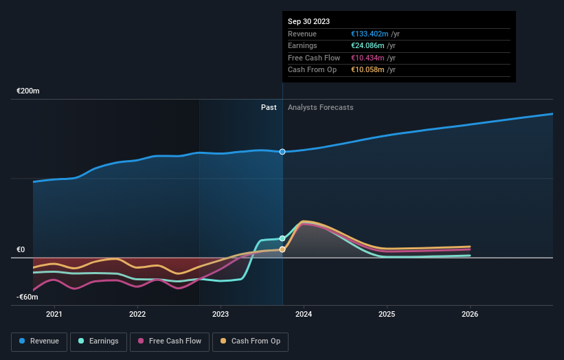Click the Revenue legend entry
[40, 341]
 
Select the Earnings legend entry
[99, 341]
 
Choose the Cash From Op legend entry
[250, 341]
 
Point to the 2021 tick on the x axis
[54, 315]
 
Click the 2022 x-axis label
[137, 315]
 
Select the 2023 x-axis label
[221, 315]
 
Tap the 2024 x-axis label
[304, 315]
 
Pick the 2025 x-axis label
[387, 315]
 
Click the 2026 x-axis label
[470, 315]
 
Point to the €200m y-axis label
[28, 91]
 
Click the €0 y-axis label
[21, 250]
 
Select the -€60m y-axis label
[27, 297]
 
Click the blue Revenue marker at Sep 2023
[282, 151]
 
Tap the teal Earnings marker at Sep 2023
[282, 238]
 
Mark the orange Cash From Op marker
[282, 249]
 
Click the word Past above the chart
[269, 107]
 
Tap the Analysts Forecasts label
[321, 107]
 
